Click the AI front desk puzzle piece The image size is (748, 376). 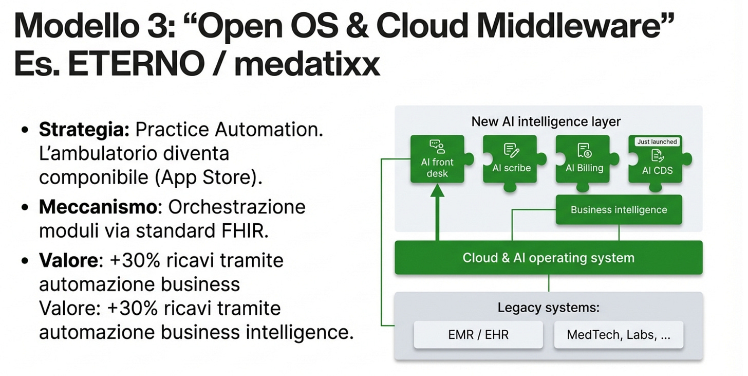(437, 159)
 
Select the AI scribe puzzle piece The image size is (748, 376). (510, 159)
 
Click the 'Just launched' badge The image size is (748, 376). (657, 141)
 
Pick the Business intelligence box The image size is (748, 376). (619, 210)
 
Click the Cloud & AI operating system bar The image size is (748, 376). (548, 258)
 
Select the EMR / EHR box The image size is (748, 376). (478, 335)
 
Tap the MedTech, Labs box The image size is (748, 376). (618, 335)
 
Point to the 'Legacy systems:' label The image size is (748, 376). (549, 308)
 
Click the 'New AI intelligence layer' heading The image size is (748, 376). (546, 122)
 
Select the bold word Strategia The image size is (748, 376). (84, 130)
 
